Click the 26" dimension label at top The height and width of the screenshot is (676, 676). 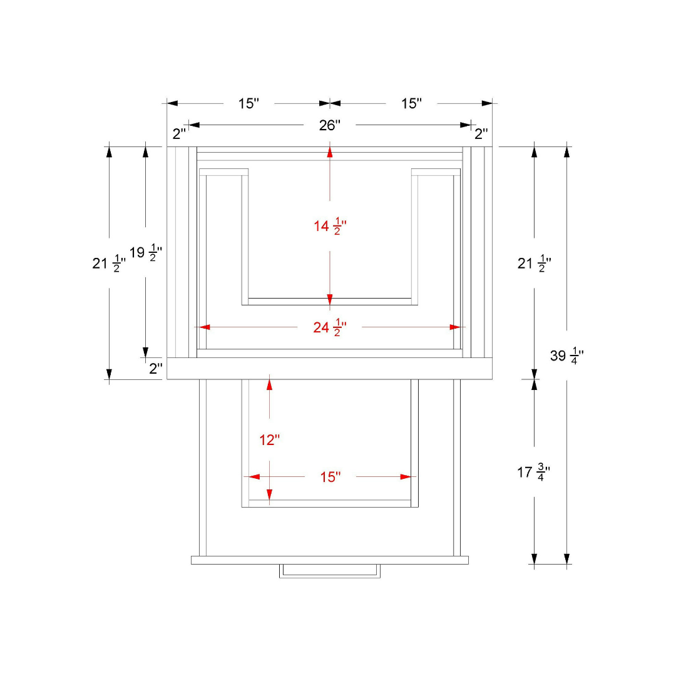pyautogui.click(x=330, y=125)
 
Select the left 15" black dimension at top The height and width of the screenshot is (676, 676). pyautogui.click(x=248, y=103)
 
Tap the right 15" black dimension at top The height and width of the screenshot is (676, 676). pyautogui.click(x=411, y=103)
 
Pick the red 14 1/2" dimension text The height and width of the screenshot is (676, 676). pyautogui.click(x=330, y=226)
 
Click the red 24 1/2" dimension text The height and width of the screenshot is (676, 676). pyautogui.click(x=330, y=327)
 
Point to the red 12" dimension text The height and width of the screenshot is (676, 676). pyautogui.click(x=269, y=440)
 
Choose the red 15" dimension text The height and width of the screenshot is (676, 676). pyautogui.click(x=330, y=477)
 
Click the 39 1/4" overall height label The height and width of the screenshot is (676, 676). pyautogui.click(x=567, y=356)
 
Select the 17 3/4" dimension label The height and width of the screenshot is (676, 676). pyautogui.click(x=534, y=473)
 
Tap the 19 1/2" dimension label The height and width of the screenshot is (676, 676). pyautogui.click(x=146, y=253)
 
